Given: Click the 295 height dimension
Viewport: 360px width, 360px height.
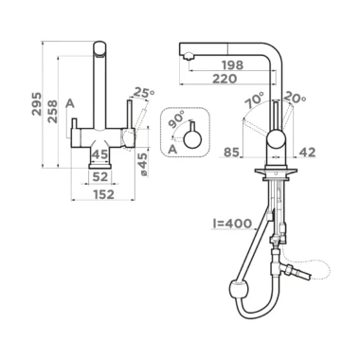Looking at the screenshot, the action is (37, 104).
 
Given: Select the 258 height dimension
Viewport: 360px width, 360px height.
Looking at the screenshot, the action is (52, 112).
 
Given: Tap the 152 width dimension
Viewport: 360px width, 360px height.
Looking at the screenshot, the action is (104, 194).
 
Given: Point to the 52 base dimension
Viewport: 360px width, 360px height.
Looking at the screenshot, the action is (100, 177).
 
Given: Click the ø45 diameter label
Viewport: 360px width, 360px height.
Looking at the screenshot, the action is (143, 165).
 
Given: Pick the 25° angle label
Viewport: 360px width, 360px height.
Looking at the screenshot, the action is (144, 93).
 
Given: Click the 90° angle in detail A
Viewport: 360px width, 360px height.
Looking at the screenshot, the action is (178, 119).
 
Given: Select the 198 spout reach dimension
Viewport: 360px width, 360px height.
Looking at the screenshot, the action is (233, 65).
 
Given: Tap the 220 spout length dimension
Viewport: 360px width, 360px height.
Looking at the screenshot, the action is (225, 79).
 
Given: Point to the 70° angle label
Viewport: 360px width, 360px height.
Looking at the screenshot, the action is (255, 100).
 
